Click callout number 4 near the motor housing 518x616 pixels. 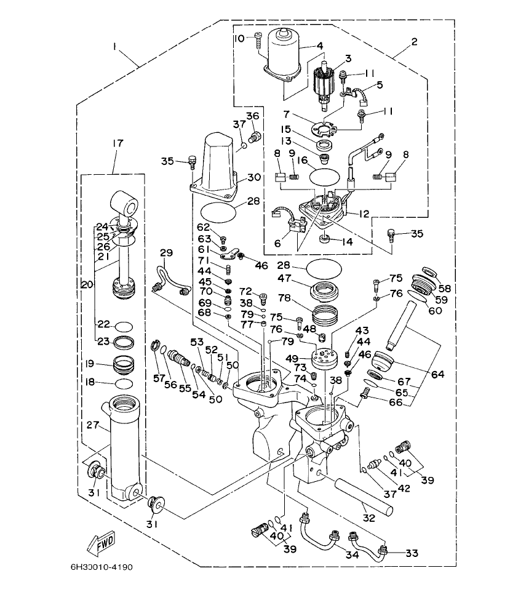tap(320, 46)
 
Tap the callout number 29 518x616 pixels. tap(167, 254)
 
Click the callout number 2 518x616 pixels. tap(414, 42)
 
